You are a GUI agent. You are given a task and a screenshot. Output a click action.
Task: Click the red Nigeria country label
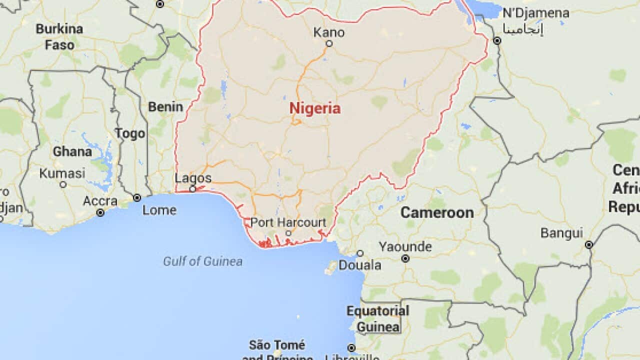[x=315, y=108]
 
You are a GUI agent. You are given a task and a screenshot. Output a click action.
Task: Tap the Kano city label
[x=329, y=32]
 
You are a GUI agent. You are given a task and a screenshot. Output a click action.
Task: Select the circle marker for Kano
[x=329, y=43]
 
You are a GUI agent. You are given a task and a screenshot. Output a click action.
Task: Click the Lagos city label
[x=193, y=178]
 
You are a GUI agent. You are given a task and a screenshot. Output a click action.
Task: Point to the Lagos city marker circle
[x=192, y=189]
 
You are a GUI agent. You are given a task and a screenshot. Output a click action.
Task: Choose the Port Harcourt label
[x=288, y=222]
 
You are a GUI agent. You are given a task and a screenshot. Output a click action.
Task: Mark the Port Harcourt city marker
[x=288, y=233]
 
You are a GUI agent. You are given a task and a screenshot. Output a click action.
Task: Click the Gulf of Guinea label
[x=202, y=261]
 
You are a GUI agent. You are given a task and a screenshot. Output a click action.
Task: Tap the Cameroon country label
[x=437, y=212]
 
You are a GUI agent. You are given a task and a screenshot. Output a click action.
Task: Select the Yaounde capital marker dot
[x=405, y=258]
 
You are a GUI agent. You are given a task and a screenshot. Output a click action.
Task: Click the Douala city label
[x=360, y=265]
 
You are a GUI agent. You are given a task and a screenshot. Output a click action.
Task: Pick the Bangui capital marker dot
[x=589, y=244]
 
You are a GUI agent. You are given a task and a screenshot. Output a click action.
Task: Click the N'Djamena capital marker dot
[x=497, y=40]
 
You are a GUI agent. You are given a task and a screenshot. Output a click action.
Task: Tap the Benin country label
[x=165, y=106]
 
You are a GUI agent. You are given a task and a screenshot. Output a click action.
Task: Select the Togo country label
[x=130, y=133]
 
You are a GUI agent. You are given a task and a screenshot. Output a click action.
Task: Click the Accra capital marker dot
[x=100, y=212]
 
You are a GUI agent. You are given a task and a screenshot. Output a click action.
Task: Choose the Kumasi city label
[x=62, y=173]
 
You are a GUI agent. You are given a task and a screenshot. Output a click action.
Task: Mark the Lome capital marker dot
[x=136, y=198]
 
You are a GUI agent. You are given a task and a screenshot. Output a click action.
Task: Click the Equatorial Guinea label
[x=377, y=319]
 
